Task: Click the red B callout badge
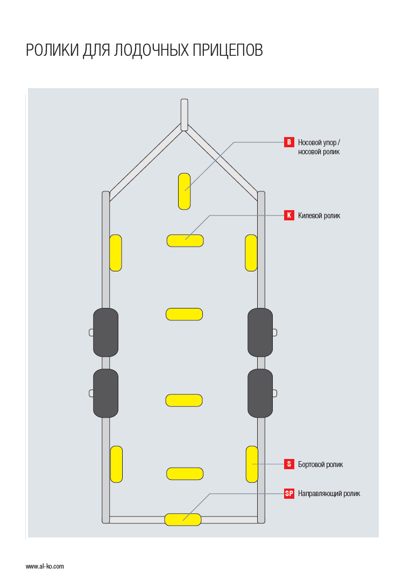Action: pos(289,142)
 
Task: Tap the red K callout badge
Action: pos(289,216)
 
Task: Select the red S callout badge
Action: pos(289,464)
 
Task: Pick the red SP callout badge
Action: pos(289,493)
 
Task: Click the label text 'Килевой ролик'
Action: pos(319,216)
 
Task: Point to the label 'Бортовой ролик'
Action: pos(320,464)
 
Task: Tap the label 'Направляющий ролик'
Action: pos(329,493)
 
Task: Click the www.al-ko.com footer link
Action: pos(45,566)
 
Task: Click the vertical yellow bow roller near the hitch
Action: pos(184,191)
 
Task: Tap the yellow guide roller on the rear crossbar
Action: pos(183,519)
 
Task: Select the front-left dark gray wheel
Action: pos(105,332)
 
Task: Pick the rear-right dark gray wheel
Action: pos(260,393)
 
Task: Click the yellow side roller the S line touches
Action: pos(252,464)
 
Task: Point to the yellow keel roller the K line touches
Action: pos(185,240)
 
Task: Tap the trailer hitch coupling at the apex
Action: pos(184,114)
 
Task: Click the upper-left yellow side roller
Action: pos(116,253)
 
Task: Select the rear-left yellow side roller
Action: pos(116,464)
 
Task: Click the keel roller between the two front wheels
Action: pos(184,314)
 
